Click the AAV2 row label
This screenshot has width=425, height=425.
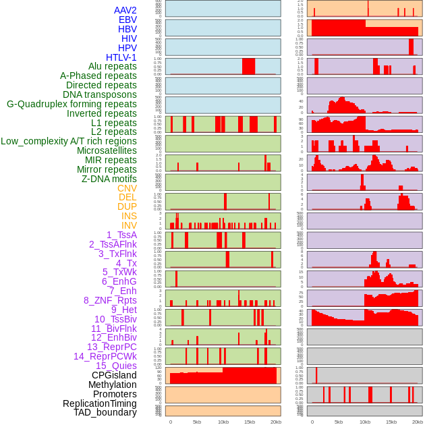125,10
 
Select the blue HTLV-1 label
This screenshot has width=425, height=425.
121,57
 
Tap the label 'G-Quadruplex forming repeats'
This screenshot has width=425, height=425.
72,104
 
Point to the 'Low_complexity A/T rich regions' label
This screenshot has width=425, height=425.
69,141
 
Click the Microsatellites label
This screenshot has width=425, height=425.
107,150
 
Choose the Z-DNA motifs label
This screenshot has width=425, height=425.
109,179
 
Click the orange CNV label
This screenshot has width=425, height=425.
127,188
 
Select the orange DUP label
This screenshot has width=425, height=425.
127,206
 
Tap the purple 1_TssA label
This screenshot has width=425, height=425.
121,235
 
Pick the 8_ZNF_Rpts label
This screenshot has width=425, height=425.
110,300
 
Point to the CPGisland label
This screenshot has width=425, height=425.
114,375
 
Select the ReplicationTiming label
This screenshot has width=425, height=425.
100,403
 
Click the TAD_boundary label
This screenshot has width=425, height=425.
105,412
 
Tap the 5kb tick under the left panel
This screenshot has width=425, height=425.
197,422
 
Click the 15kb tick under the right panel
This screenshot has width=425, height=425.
391,422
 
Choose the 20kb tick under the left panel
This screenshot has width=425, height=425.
276,422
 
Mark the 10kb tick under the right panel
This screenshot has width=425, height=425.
364,422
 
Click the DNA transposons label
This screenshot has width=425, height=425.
100,94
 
